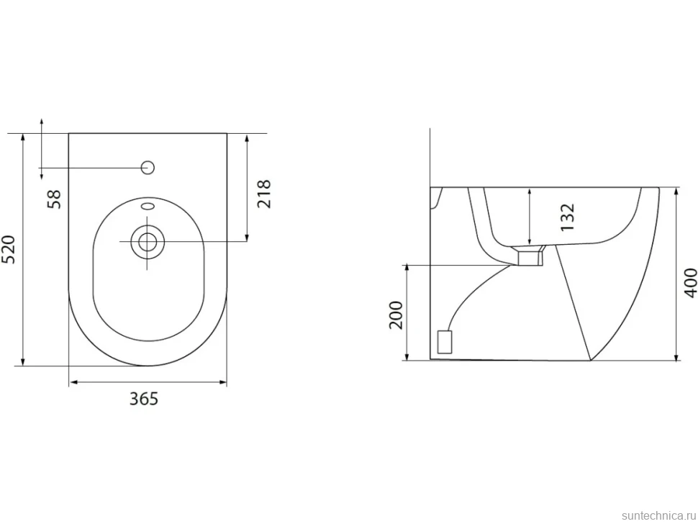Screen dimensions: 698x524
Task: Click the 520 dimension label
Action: tap(9, 249)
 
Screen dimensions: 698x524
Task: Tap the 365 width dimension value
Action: tap(144, 399)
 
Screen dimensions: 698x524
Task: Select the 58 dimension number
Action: tap(53, 199)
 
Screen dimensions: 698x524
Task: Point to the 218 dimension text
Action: tap(263, 194)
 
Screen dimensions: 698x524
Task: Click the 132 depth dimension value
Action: tap(567, 217)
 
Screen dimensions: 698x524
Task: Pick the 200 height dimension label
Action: tap(396, 315)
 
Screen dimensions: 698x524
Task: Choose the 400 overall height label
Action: tap(690, 283)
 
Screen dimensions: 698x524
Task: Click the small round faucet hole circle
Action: tap(148, 168)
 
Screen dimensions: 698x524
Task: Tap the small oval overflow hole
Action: tap(148, 206)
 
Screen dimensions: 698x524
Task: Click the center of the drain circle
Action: tap(148, 242)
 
